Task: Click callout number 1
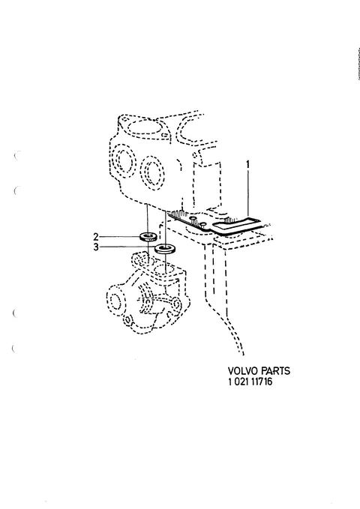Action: coord(248,165)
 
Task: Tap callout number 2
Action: coord(96,237)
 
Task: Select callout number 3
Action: coord(96,247)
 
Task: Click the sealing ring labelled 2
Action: coord(148,236)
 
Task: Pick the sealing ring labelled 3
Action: coord(165,250)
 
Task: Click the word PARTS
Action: coord(275,371)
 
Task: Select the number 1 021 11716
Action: coord(250,382)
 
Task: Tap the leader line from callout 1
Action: coord(248,194)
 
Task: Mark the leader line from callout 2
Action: coord(120,237)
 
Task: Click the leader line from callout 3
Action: coord(127,247)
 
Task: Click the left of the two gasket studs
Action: coord(192,218)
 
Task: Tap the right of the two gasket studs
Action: coord(202,224)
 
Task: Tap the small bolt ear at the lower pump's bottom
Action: coord(128,320)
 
